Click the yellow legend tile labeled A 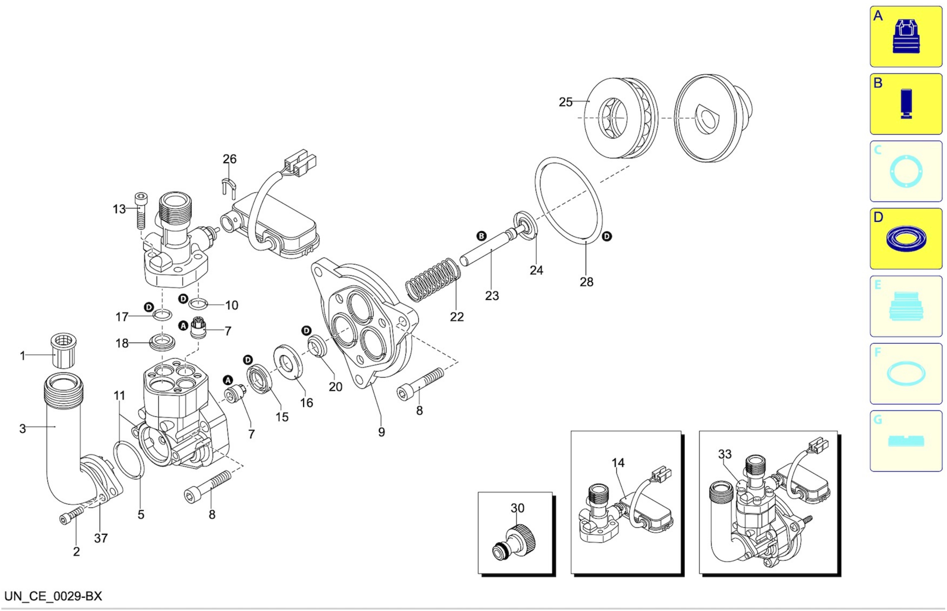(x=906, y=37)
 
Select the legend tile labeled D (x=906, y=239)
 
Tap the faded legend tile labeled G (x=906, y=441)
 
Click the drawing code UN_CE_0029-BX (x=53, y=596)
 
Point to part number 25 (x=566, y=102)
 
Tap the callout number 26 (x=229, y=159)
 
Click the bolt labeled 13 (x=140, y=210)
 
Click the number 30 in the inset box (x=517, y=508)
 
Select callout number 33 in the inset (x=725, y=454)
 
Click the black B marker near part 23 (x=481, y=236)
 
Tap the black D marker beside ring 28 (x=607, y=236)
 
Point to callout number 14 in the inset (x=618, y=463)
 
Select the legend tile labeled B (x=906, y=104)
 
